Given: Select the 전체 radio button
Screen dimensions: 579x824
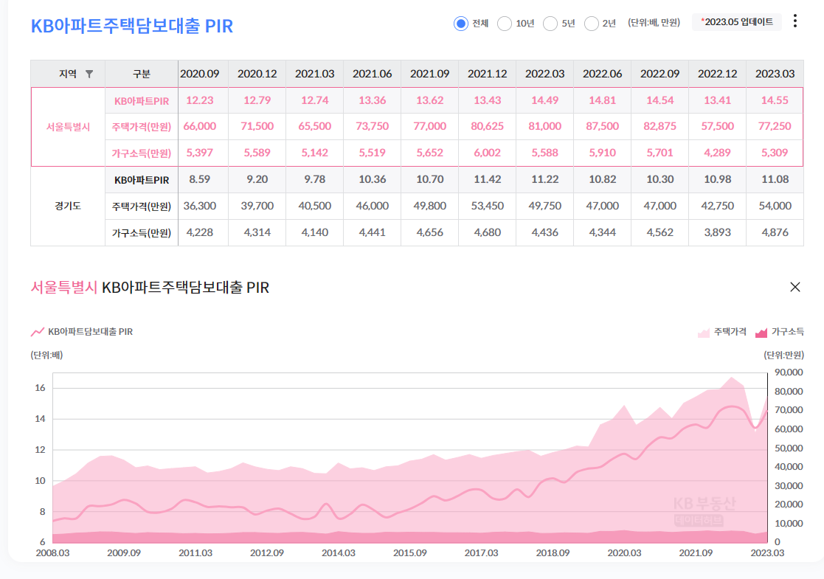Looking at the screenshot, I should pos(461,24).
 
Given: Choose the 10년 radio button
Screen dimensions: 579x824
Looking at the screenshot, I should pos(505,24).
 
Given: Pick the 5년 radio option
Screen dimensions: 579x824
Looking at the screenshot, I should pos(550,24).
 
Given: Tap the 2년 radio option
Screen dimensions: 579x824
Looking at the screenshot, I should pos(592,24).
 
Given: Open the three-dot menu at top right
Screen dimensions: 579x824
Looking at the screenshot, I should pos(794,21).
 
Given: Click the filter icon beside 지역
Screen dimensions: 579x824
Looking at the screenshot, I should pos(89,74).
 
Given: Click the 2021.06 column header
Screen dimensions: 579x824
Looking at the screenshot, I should pos(372,74).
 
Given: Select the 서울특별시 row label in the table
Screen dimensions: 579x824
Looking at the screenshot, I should pos(68,127).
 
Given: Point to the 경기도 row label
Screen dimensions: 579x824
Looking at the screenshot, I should pos(68,207).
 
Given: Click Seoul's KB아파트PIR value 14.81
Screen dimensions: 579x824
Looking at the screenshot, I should pos(602,100).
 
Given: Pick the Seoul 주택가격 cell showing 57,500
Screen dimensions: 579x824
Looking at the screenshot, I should pos(717,127).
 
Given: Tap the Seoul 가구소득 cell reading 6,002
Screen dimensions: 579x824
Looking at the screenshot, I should pos(487,153).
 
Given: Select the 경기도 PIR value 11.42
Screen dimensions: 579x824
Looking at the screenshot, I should pos(487,180).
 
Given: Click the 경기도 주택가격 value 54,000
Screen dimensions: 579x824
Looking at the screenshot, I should pos(775,207).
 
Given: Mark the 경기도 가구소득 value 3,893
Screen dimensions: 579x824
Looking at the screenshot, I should pos(717,233).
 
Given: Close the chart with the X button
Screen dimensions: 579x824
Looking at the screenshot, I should pos(795,288).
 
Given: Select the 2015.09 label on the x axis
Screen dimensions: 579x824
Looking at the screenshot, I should pos(409,553).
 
